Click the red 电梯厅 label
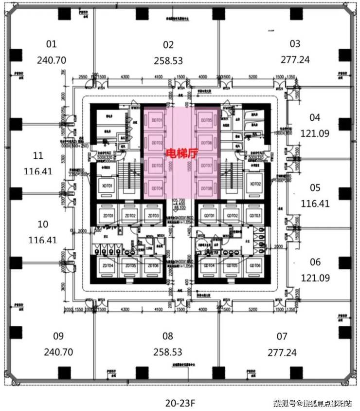[x=180, y=152]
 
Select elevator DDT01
[x=157, y=121]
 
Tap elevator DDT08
[x=206, y=187]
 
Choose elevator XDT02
[x=255, y=184]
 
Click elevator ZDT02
[x=129, y=216]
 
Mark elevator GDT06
[x=254, y=266]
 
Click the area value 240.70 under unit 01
[x=51, y=61]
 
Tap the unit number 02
[x=168, y=45]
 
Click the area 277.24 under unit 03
[x=295, y=59]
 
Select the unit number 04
[x=315, y=117]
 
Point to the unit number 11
[x=38, y=156]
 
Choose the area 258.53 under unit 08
[x=168, y=352]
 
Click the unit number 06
[x=315, y=262]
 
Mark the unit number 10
[x=43, y=224]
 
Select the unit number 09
[x=58, y=336]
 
